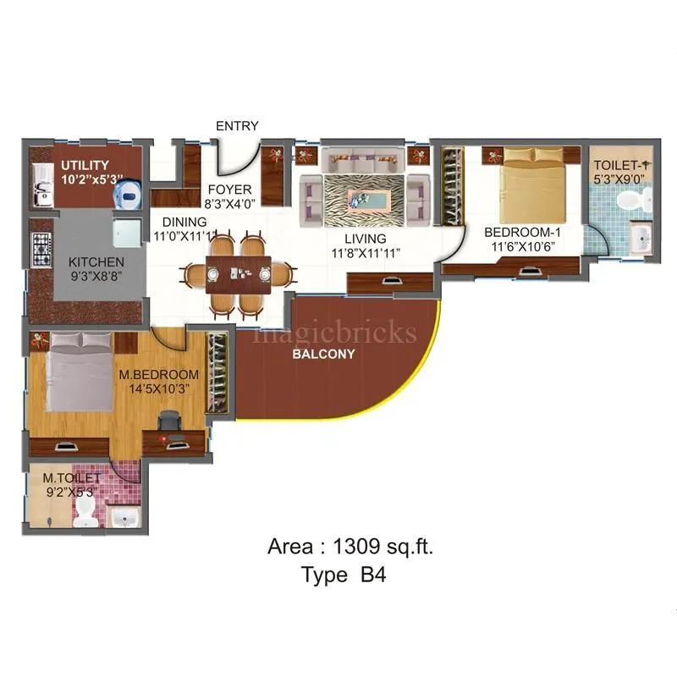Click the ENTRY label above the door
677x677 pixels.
[237, 126]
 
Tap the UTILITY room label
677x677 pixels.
[84, 164]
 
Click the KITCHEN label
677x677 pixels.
[96, 262]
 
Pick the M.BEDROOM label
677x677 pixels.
[158, 374]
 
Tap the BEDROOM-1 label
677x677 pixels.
[522, 232]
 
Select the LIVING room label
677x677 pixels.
[365, 239]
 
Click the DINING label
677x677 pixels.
[184, 222]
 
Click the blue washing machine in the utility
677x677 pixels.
[128, 193]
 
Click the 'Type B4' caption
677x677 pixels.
[344, 575]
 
